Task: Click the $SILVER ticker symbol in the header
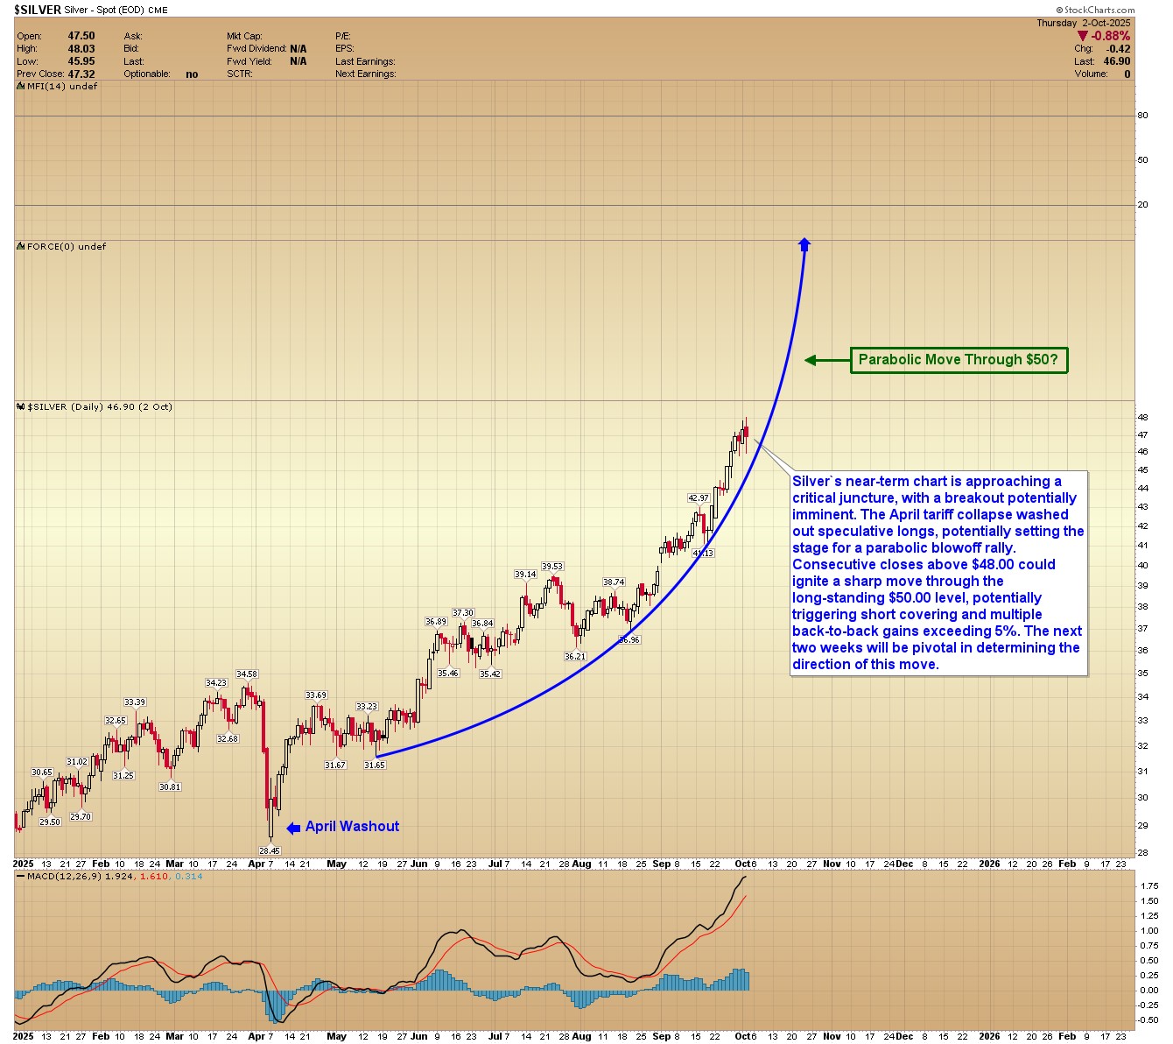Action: pyautogui.click(x=38, y=10)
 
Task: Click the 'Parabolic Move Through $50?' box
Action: pyautogui.click(x=959, y=359)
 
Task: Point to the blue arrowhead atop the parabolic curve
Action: pyautogui.click(x=804, y=244)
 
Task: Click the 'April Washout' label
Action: pyautogui.click(x=352, y=826)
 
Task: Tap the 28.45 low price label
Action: pyautogui.click(x=270, y=850)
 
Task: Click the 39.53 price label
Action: pyautogui.click(x=551, y=567)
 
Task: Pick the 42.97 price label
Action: pyautogui.click(x=698, y=498)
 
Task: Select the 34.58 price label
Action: pyautogui.click(x=247, y=674)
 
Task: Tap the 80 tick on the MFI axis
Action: pyautogui.click(x=1142, y=116)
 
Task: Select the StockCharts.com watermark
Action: pyautogui.click(x=1106, y=10)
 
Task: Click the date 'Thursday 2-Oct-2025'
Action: pyautogui.click(x=1083, y=23)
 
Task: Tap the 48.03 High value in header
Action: pyautogui.click(x=81, y=48)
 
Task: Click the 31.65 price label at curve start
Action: pyautogui.click(x=374, y=765)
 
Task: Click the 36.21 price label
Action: pyautogui.click(x=575, y=656)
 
